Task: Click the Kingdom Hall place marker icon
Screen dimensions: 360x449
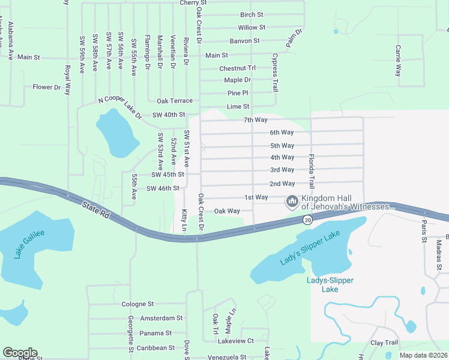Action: click(x=292, y=201)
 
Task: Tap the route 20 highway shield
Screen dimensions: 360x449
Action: click(x=307, y=220)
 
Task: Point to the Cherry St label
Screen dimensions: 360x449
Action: click(x=193, y=3)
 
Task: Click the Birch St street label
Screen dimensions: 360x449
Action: click(x=252, y=14)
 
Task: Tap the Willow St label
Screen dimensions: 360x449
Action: click(x=252, y=28)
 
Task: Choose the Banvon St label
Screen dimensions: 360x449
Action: click(x=244, y=41)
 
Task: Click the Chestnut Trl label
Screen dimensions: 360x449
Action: click(x=238, y=68)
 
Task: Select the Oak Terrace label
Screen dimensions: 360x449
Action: click(x=175, y=101)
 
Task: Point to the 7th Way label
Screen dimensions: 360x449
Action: click(x=255, y=120)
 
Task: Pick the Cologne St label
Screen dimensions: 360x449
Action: click(x=138, y=304)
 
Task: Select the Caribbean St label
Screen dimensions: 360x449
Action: click(x=155, y=347)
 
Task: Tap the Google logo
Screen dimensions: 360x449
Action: click(x=20, y=353)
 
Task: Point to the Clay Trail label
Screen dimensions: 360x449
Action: click(x=384, y=343)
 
